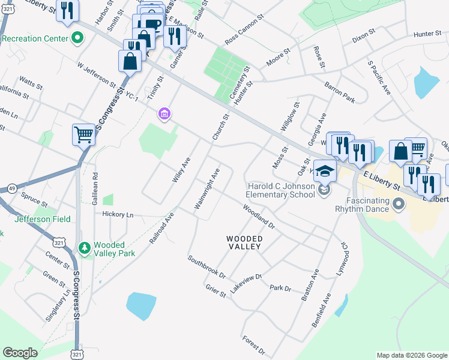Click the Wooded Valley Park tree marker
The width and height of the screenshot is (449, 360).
pos(85,247)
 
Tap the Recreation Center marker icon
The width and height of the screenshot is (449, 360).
pos(77,39)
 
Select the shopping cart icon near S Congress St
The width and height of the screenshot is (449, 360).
pos(83,135)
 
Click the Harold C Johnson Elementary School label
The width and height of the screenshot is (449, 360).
pos(281,190)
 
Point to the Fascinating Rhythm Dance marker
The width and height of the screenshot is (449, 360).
pos(397,206)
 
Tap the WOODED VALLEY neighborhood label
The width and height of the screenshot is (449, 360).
pos(244,242)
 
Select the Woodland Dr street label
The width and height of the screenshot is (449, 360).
pos(258,217)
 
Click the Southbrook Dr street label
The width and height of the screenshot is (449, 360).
pos(206,268)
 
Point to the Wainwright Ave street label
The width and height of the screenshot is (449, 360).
pos(207,188)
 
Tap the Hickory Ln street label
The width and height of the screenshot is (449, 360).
pos(118,214)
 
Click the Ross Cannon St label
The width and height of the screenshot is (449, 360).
pos(244,31)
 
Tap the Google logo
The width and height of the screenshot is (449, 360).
pos(20,352)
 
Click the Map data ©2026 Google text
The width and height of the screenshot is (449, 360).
pos(411,355)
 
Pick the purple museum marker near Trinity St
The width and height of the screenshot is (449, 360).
pos(163,113)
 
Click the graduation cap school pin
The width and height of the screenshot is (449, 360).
pos(325,172)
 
